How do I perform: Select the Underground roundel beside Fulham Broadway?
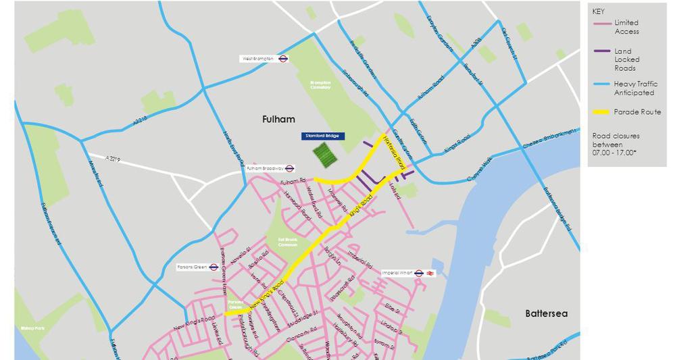(289, 168)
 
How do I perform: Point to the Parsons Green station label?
(193, 267)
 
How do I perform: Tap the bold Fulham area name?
(278, 119)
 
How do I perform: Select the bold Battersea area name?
(547, 313)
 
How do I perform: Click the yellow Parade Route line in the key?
(601, 112)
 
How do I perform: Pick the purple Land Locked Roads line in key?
(601, 51)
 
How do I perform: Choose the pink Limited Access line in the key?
(601, 24)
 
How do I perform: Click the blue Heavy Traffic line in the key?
(601, 84)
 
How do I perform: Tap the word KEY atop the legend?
(599, 11)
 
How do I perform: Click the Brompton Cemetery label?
(320, 84)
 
